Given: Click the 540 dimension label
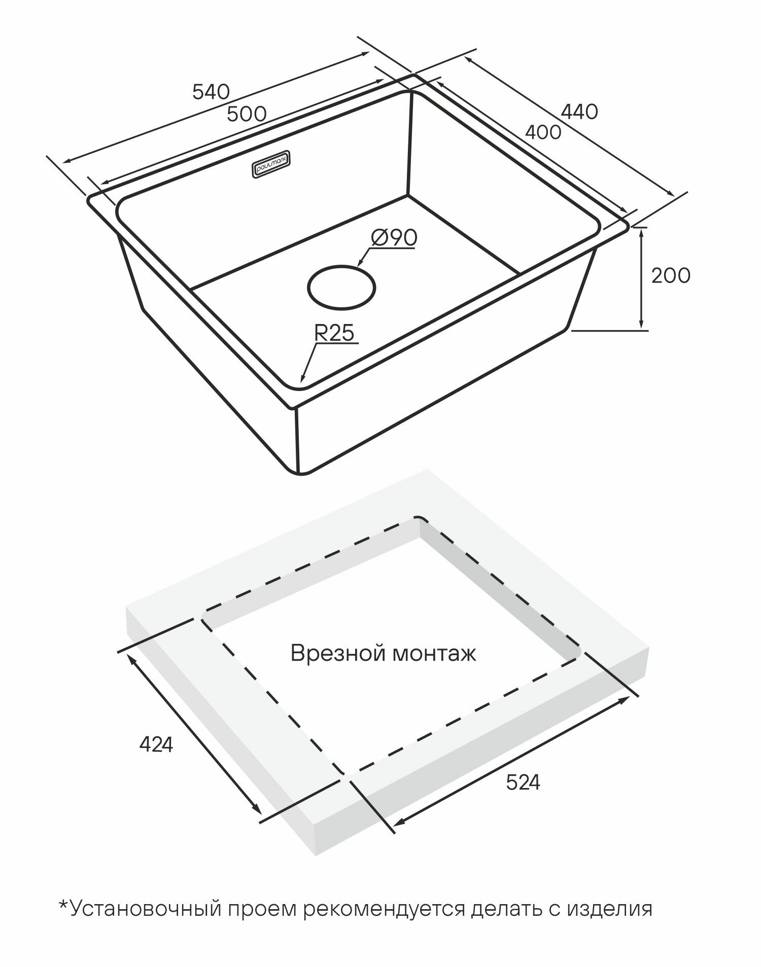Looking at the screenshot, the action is pos(211,92).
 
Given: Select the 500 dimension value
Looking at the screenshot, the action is pos(246,114).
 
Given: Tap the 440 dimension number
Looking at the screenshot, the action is pos(579,112).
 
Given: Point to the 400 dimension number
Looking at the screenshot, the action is pos(543,132).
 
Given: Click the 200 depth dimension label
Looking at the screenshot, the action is pos(671,275).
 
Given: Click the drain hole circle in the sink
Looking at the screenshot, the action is pos(341,288).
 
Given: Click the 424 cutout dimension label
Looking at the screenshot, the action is pos(156,744).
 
